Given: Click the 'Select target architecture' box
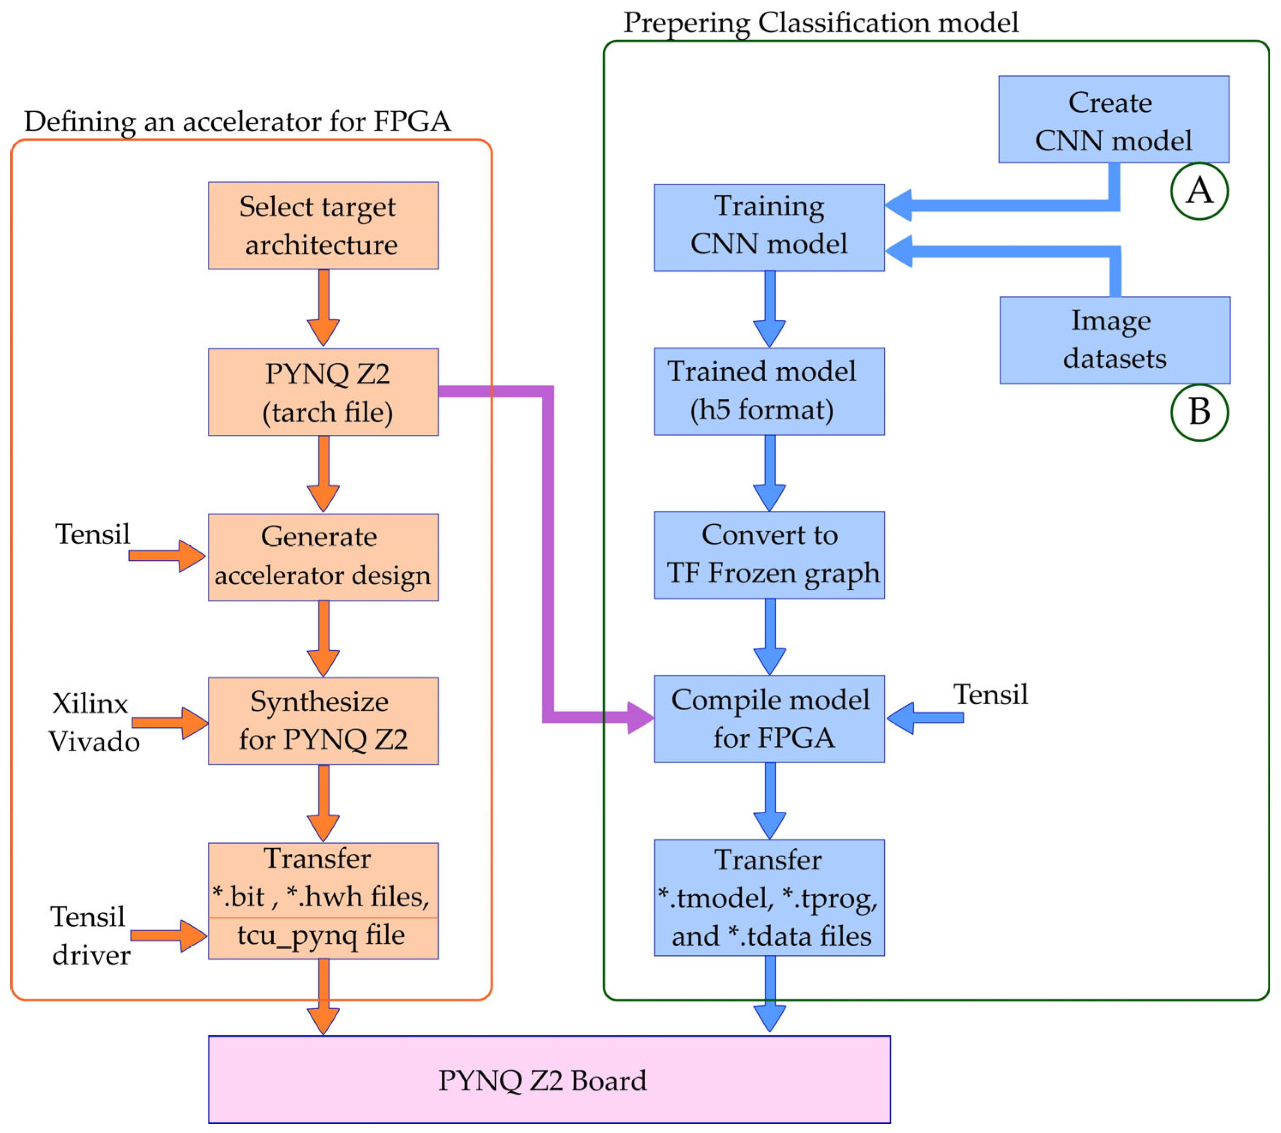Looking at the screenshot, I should [x=323, y=226].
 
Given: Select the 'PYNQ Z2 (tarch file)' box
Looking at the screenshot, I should [x=323, y=392].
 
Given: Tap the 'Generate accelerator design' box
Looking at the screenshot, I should [x=323, y=557].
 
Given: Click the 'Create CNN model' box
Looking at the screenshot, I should [x=1113, y=120].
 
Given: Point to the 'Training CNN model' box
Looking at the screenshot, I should [x=769, y=227].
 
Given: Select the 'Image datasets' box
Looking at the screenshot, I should [x=1115, y=340].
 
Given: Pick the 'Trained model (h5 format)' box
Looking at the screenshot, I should [x=769, y=392].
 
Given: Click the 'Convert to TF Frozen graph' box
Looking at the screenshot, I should [x=769, y=555].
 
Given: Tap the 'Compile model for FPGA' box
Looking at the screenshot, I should [x=769, y=719].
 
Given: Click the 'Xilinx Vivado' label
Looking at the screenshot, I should [x=93, y=723].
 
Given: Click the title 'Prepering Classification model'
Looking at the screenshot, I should [x=820, y=23].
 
